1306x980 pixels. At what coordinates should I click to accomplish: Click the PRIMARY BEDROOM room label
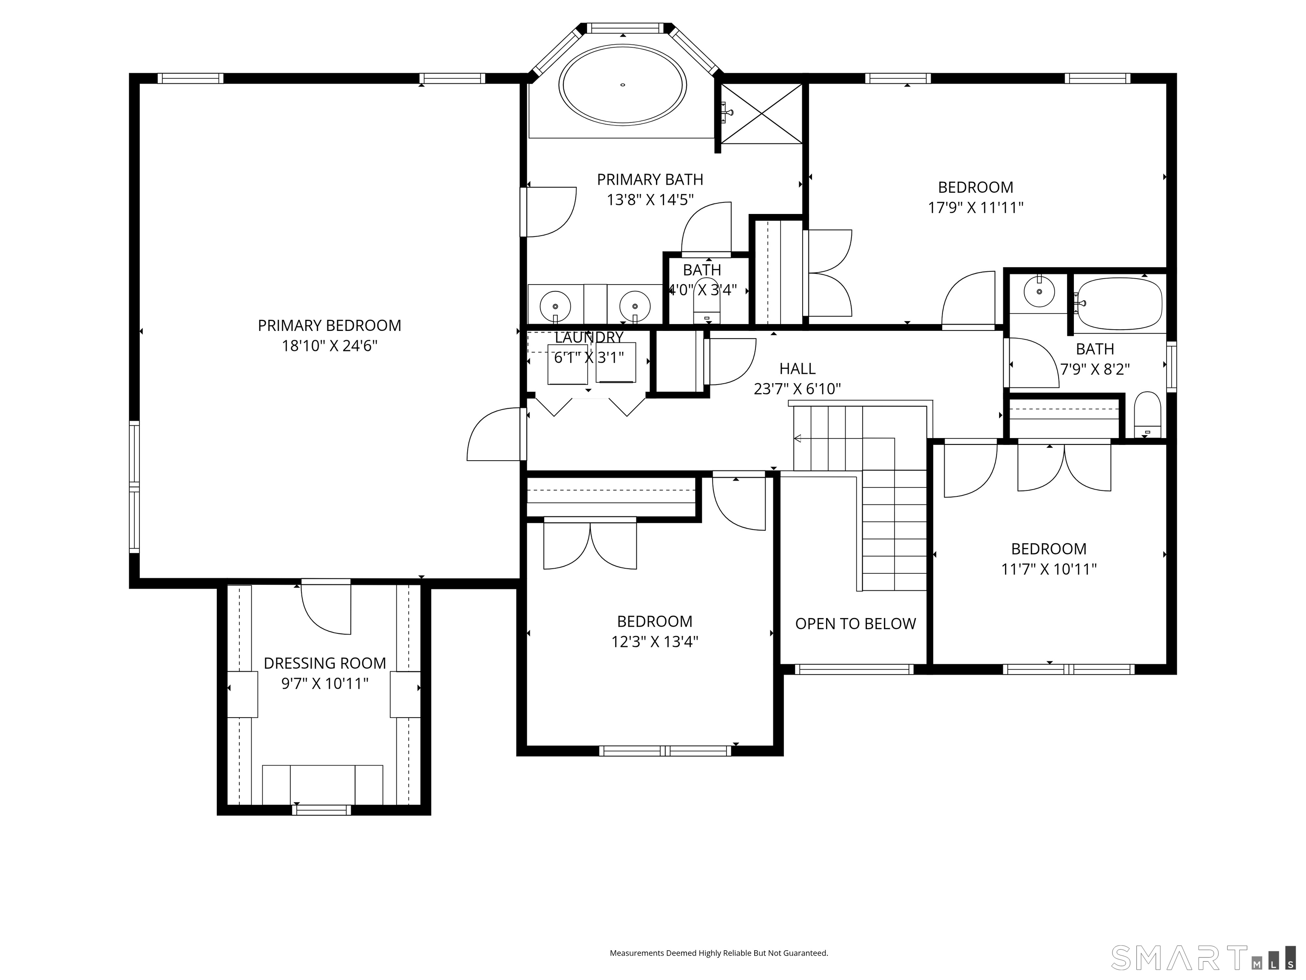[x=329, y=325]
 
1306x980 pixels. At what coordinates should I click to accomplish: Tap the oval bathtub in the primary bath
[x=622, y=85]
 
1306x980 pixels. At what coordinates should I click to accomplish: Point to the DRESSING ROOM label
[x=325, y=664]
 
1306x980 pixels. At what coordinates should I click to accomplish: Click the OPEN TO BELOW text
[x=855, y=624]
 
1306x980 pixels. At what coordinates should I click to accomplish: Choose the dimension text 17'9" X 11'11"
[x=975, y=207]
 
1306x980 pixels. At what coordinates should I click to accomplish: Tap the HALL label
[x=797, y=369]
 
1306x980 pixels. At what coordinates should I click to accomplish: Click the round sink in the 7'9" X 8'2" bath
[x=1038, y=292]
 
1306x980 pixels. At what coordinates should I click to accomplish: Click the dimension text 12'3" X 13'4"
[x=655, y=641]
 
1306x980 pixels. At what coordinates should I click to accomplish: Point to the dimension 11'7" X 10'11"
[x=1048, y=569]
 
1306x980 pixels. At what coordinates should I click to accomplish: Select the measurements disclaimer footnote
[x=718, y=953]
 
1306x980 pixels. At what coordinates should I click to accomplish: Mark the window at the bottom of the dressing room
[x=321, y=810]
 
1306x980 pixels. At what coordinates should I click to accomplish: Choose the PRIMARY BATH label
[x=650, y=179]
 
